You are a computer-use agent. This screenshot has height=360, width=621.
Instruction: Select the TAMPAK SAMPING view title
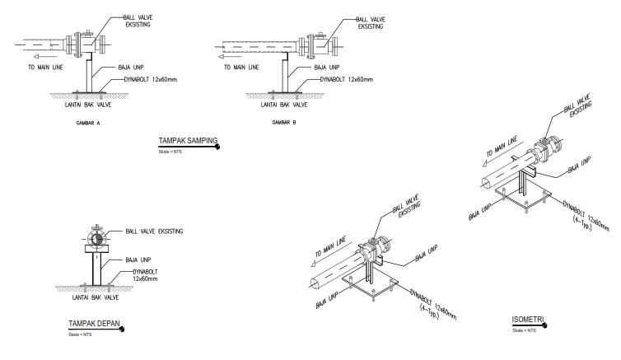(187, 141)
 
